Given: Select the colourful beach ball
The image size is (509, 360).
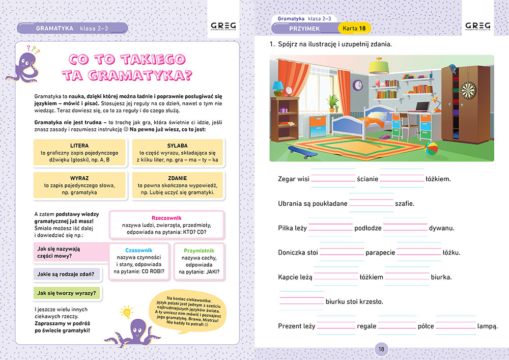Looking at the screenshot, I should tap(432, 149).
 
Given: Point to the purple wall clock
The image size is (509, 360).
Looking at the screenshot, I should tap(358, 85).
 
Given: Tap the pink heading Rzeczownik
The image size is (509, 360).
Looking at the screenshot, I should tap(167, 217).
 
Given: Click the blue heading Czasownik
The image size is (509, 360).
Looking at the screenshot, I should tap(138, 250).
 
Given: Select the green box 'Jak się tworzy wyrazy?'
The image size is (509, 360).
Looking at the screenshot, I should tap(67, 293).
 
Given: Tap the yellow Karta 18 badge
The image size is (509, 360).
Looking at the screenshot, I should tap(354, 28).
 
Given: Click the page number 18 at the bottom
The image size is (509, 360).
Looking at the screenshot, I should tap(381, 349).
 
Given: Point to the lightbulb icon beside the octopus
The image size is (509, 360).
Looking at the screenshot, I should tap(125, 312).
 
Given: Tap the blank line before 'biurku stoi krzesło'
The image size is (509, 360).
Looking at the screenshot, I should tap(302, 301).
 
